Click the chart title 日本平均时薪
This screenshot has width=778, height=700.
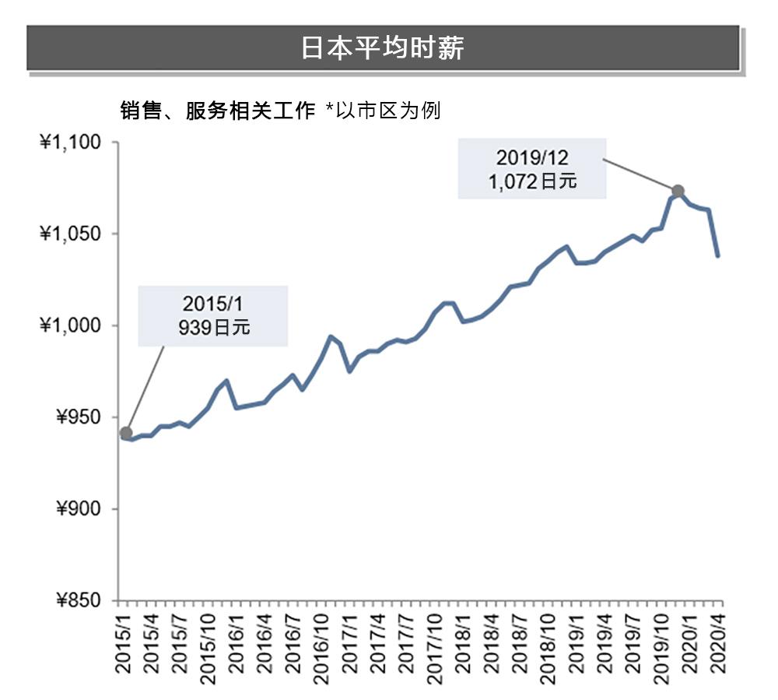pyautogui.click(x=382, y=47)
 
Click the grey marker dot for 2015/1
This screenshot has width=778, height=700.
pyautogui.click(x=126, y=433)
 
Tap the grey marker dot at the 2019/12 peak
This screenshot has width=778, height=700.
pyautogui.click(x=678, y=191)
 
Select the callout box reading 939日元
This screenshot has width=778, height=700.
pyautogui.click(x=212, y=315)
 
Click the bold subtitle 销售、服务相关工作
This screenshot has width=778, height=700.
pyautogui.click(x=217, y=111)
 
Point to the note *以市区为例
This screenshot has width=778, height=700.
pyautogui.click(x=383, y=111)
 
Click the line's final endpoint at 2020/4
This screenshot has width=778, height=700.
pyautogui.click(x=717, y=255)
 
